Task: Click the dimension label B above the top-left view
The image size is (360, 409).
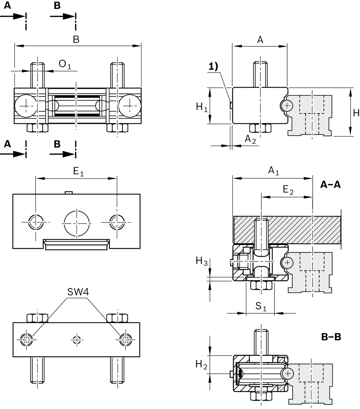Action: (76, 40)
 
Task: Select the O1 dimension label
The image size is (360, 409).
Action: (65, 64)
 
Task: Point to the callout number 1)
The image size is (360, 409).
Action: (213, 67)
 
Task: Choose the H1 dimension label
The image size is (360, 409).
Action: (201, 107)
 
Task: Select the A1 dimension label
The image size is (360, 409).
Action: (273, 171)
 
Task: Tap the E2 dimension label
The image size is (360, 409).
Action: (288, 190)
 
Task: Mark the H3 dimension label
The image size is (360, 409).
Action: (201, 261)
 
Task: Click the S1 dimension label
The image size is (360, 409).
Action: (261, 306)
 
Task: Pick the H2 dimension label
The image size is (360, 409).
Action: (201, 365)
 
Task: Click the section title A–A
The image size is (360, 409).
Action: (330, 184)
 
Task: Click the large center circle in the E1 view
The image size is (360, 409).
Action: (77, 223)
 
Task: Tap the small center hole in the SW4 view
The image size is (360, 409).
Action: (77, 339)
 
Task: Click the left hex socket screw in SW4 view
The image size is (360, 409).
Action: (26, 339)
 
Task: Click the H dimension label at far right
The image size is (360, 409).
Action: (356, 113)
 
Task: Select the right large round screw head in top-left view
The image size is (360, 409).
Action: (130, 106)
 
